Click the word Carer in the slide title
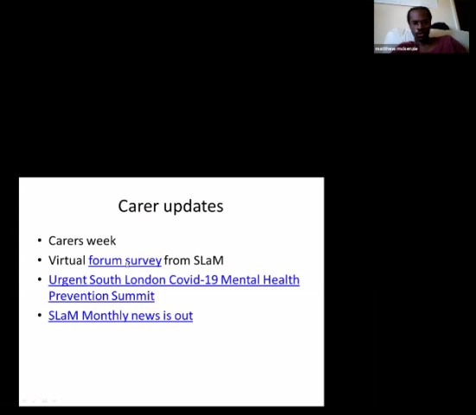coord(136,206)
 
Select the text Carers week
coord(82,241)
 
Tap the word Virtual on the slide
coord(67,260)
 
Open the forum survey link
coord(124,260)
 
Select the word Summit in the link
coord(134,296)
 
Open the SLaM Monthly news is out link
coord(120,316)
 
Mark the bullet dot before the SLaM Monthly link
coord(39,317)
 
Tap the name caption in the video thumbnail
coord(396,49)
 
